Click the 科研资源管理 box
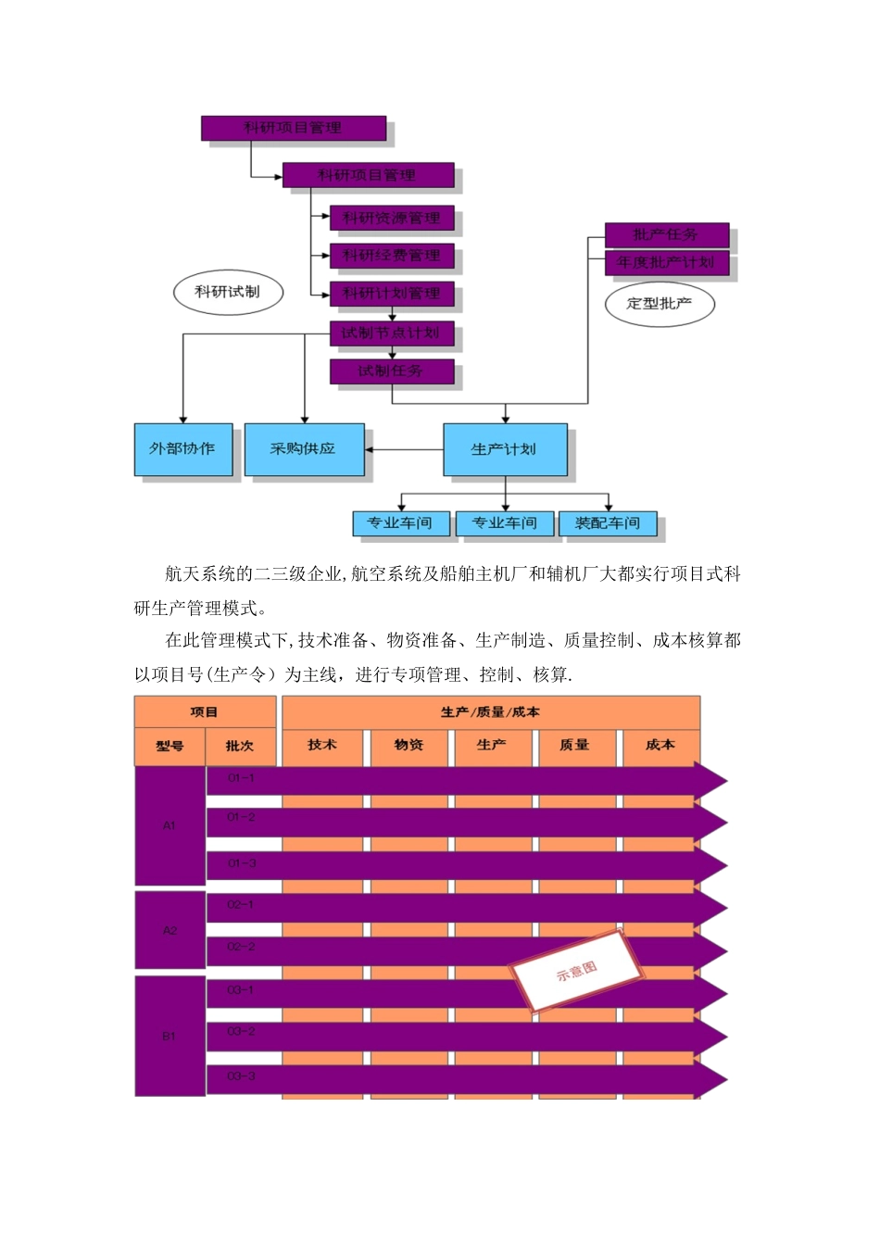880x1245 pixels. [x=392, y=219]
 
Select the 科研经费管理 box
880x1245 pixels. [x=392, y=256]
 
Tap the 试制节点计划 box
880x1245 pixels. [x=392, y=333]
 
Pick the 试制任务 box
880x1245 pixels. [x=392, y=371]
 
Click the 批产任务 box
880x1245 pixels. [x=666, y=235]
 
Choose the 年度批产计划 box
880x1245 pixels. [x=666, y=263]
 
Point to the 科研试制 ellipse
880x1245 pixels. [x=227, y=292]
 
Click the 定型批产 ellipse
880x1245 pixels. [x=660, y=304]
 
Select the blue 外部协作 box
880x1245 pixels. [x=182, y=449]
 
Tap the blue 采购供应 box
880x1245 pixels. [x=304, y=449]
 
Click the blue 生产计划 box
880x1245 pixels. [x=505, y=449]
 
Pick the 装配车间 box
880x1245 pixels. [x=608, y=523]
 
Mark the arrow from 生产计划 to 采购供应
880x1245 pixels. [x=404, y=450]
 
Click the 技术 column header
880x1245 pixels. [x=322, y=746]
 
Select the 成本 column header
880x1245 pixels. [x=660, y=746]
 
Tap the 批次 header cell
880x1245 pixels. [x=240, y=747]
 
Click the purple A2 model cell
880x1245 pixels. [x=170, y=930]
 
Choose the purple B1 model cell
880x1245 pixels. [x=170, y=1036]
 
